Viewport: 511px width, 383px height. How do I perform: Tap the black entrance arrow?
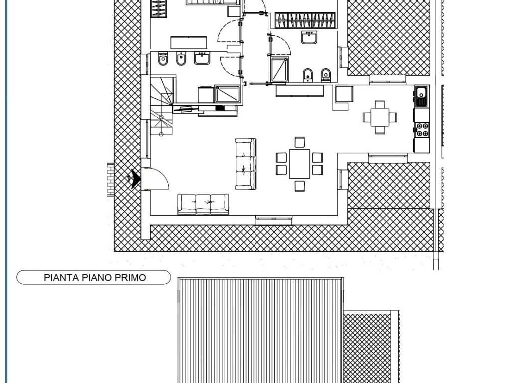pos(136,179)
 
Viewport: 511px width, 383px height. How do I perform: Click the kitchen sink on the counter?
pos(422,97)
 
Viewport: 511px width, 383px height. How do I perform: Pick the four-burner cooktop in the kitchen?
pos(422,130)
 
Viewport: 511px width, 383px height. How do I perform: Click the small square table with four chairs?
pos(380,117)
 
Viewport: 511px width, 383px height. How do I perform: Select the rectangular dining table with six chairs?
pos(299,164)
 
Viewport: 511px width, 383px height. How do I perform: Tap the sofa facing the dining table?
pos(246,164)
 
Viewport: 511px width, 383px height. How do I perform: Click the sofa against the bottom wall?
pos(203,204)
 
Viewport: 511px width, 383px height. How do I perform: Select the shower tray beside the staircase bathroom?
pos(227,94)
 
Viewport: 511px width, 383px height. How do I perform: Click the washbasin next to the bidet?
pos(202,58)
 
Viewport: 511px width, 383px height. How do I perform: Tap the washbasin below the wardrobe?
pos(309,37)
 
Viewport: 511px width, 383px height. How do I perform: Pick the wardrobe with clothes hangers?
pos(305,20)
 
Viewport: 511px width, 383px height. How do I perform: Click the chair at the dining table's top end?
pos(300,142)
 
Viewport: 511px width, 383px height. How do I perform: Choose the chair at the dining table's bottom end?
pos(300,186)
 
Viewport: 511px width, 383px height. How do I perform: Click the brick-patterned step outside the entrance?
pos(111,180)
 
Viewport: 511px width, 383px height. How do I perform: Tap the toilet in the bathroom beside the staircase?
pos(162,59)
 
